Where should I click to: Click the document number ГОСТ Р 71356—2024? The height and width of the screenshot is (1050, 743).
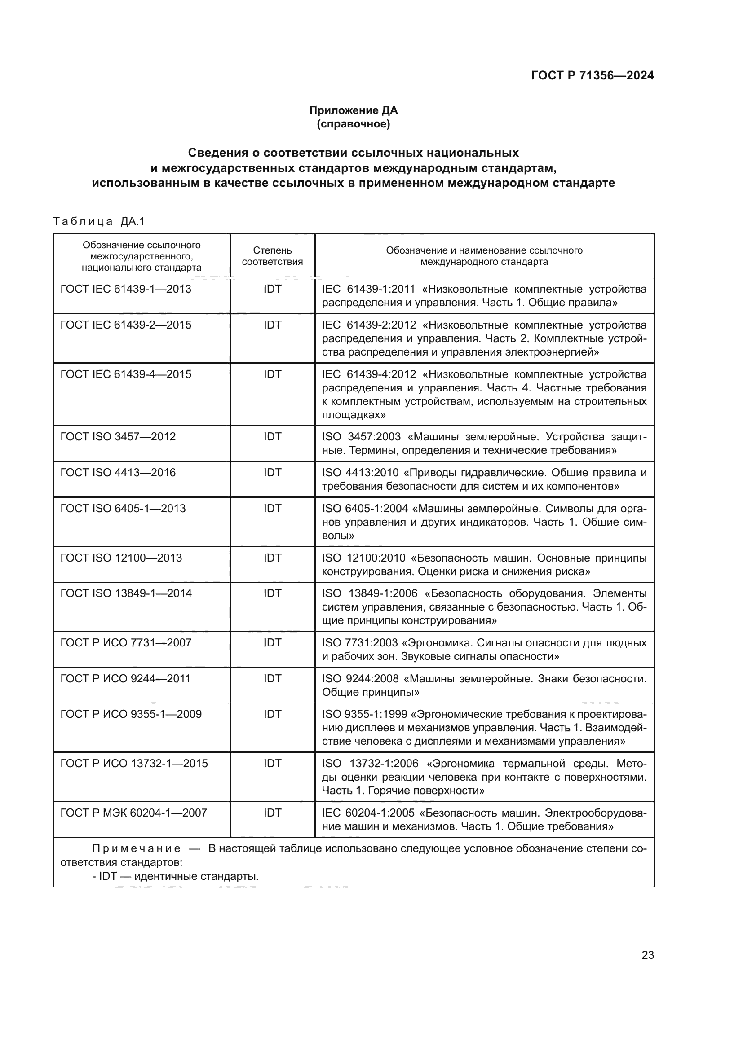click(592, 76)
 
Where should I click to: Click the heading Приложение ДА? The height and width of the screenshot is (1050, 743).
click(353, 110)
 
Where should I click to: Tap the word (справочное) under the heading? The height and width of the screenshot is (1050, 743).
click(353, 124)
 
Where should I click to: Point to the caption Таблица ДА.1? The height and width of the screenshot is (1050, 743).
click(99, 222)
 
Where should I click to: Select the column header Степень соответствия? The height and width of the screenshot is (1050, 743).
click(272, 256)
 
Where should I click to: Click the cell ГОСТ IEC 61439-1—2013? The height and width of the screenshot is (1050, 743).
click(126, 290)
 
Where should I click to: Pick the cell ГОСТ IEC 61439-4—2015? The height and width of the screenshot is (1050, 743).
click(126, 374)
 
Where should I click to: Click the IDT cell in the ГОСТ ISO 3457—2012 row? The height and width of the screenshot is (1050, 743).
click(272, 437)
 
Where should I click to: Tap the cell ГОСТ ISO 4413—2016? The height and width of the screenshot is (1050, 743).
click(118, 473)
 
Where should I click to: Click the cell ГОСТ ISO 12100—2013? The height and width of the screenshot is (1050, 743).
click(121, 558)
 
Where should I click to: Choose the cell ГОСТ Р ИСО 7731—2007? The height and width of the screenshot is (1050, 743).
click(126, 643)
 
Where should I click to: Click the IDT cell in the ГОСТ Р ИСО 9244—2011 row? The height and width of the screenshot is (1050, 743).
click(272, 679)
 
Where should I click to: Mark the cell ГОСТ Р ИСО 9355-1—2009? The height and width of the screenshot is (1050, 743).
click(131, 714)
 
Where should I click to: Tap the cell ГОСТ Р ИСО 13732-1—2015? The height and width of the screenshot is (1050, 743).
click(134, 764)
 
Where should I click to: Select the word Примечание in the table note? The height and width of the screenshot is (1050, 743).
click(137, 849)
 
